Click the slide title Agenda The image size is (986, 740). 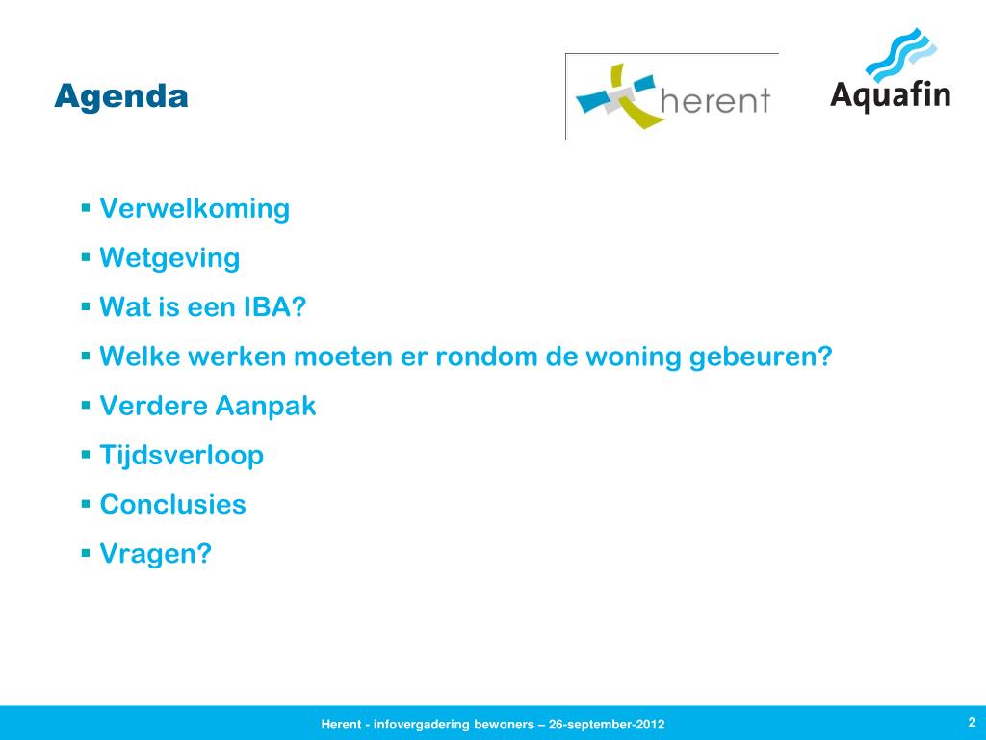121,97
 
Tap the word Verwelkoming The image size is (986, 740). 195,208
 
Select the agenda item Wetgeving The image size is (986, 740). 169,258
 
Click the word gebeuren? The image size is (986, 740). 761,357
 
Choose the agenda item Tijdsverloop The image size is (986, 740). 182,455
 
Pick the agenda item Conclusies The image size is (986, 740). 173,504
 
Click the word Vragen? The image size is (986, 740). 156,554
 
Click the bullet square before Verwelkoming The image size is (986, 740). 86,208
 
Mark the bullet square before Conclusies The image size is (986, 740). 86,503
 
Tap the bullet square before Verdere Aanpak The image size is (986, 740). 86,406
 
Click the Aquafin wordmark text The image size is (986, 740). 891,95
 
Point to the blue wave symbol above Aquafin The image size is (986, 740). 901,54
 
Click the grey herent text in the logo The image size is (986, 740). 715,100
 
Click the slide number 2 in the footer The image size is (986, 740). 972,722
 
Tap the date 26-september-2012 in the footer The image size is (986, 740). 607,725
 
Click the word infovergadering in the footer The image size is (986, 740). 422,725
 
